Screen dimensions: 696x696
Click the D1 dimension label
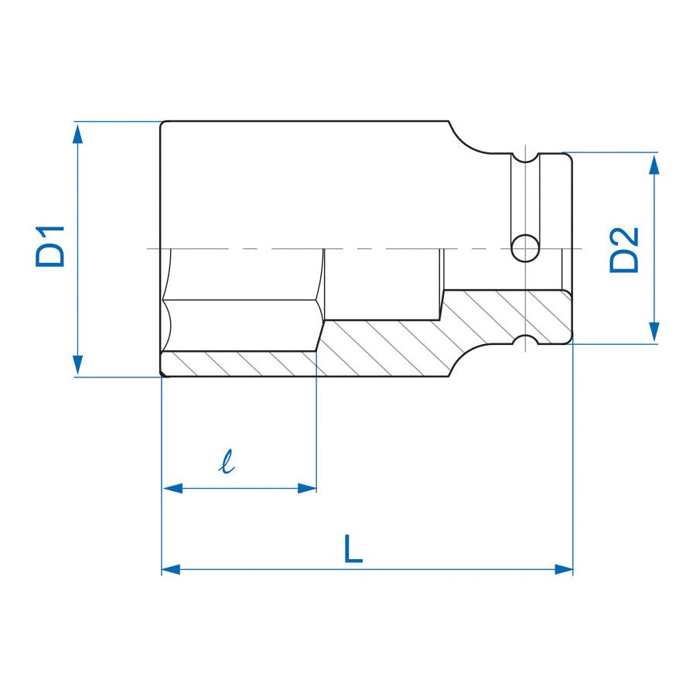50,247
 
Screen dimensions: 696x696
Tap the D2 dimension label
625,249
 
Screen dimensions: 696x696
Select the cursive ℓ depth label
227,463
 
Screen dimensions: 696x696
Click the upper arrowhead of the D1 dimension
77,133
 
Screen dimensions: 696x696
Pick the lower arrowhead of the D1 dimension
77,364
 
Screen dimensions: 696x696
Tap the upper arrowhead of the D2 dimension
655,165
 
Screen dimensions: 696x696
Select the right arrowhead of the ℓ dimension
307,488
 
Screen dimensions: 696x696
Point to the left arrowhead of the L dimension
172,569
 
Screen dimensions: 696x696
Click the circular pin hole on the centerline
527,248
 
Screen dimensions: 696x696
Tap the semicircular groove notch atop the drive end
526,158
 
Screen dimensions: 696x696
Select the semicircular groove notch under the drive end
526,340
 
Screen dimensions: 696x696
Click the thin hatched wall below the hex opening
240,363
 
